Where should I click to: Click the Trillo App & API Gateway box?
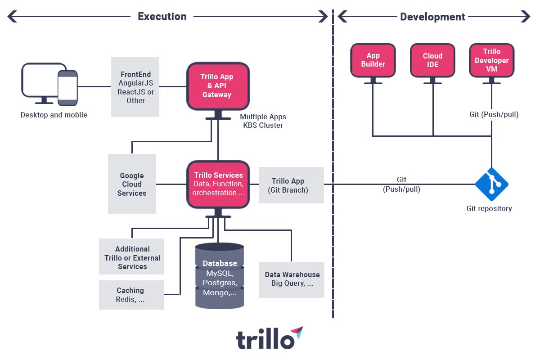click(218, 86)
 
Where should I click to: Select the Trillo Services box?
click(218, 184)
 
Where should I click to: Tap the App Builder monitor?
click(373, 60)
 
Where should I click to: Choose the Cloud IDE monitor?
click(432, 60)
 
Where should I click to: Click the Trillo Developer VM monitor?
click(491, 60)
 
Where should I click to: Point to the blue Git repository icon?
click(491, 184)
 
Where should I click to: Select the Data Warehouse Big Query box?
click(292, 279)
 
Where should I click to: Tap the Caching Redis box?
click(131, 295)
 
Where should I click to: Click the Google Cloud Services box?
click(132, 184)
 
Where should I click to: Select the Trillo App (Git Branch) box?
click(291, 185)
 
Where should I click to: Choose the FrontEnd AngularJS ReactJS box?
click(135, 87)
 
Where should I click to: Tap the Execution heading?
click(162, 17)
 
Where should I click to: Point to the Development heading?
click(432, 17)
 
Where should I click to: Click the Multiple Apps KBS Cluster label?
click(263, 121)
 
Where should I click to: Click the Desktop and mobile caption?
click(54, 115)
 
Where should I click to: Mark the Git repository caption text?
click(489, 208)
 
